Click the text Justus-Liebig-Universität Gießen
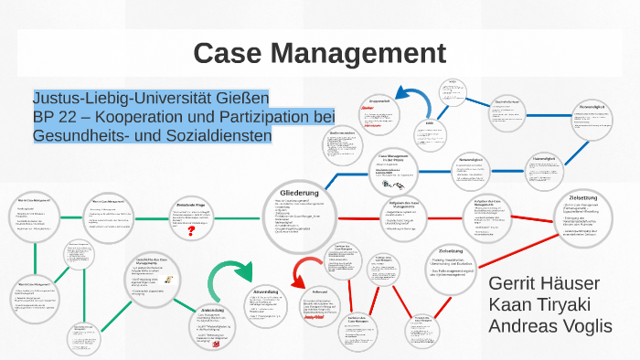151,98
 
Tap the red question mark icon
190,232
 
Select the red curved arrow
301,272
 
